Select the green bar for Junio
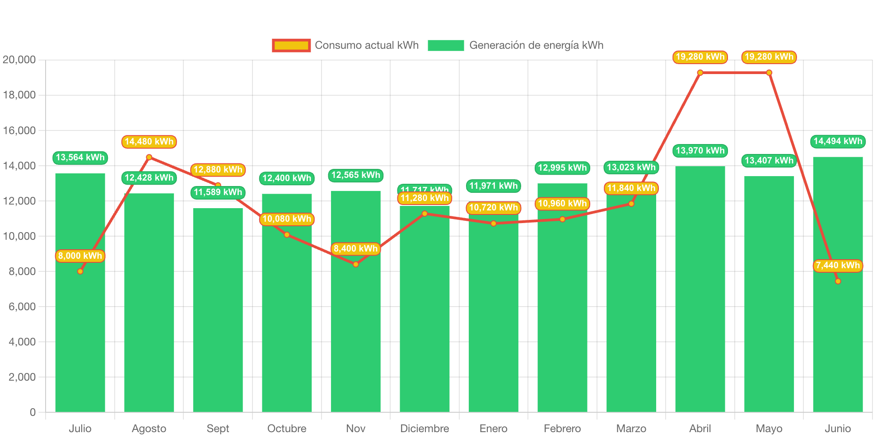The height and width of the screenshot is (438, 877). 838,343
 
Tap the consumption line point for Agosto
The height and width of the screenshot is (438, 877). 149,157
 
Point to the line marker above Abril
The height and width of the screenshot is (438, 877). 700,73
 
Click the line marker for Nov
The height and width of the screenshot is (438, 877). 356,264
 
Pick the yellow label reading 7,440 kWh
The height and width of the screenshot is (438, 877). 838,266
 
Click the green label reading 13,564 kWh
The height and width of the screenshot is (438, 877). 80,158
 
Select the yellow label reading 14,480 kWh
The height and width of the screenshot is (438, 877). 149,142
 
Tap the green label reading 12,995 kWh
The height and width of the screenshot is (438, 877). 562,168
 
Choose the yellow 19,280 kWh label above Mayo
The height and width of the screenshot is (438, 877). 769,57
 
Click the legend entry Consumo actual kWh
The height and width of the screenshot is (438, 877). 346,45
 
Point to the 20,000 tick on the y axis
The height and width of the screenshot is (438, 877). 19,60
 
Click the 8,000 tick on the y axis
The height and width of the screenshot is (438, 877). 22,271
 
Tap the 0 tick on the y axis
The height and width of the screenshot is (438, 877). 33,412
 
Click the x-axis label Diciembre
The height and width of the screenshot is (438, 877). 425,429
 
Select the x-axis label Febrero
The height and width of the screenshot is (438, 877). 562,429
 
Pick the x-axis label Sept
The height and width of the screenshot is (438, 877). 218,429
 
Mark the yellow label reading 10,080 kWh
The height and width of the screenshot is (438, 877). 287,219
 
